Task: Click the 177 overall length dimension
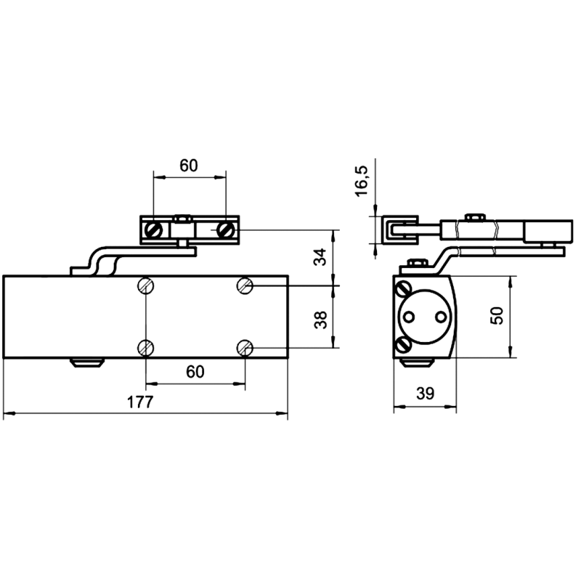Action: pos(140,402)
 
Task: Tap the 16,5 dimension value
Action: pos(361,181)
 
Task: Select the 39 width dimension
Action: pos(425,394)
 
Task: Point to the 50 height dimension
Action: pos(497,316)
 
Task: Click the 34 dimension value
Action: pos(320,257)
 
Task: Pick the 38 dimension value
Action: pos(320,320)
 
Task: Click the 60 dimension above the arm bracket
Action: pos(189,166)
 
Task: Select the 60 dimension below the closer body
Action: pos(195,372)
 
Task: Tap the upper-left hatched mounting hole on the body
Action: pos(146,286)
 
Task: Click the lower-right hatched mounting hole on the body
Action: pos(245,348)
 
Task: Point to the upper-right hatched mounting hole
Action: pos(245,286)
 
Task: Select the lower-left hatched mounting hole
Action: pos(146,348)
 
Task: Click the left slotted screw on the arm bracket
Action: pos(153,229)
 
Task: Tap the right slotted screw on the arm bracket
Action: pos(225,229)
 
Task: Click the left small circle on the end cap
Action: pos(409,317)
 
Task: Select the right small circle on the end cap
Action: pos(441,317)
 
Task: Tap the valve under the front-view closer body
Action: pos(87,362)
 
